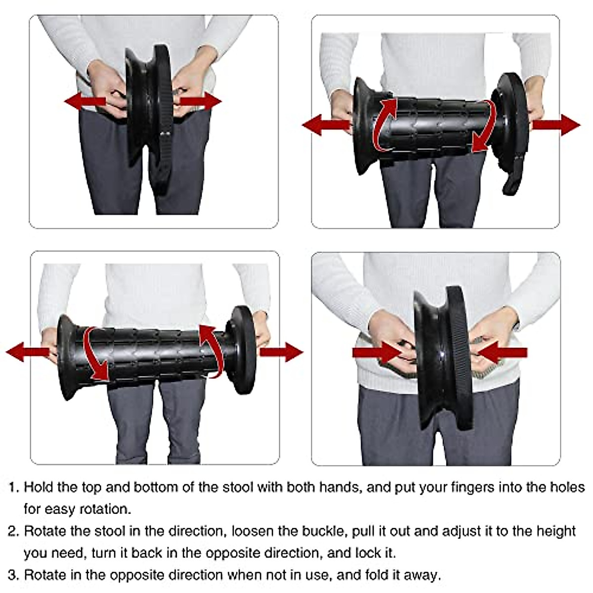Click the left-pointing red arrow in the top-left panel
pyautogui.click(x=84, y=102)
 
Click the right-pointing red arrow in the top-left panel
pyautogui.click(x=200, y=102)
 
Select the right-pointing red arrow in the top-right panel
pyautogui.click(x=556, y=125)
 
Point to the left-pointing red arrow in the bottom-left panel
pyautogui.click(x=27, y=352)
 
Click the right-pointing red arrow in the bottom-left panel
pyautogui.click(x=281, y=352)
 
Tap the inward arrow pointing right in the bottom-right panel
pyautogui.click(x=376, y=352)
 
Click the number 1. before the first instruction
pyautogui.click(x=14, y=488)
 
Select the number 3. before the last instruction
pyautogui.click(x=14, y=575)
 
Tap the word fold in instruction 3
pyautogui.click(x=379, y=575)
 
